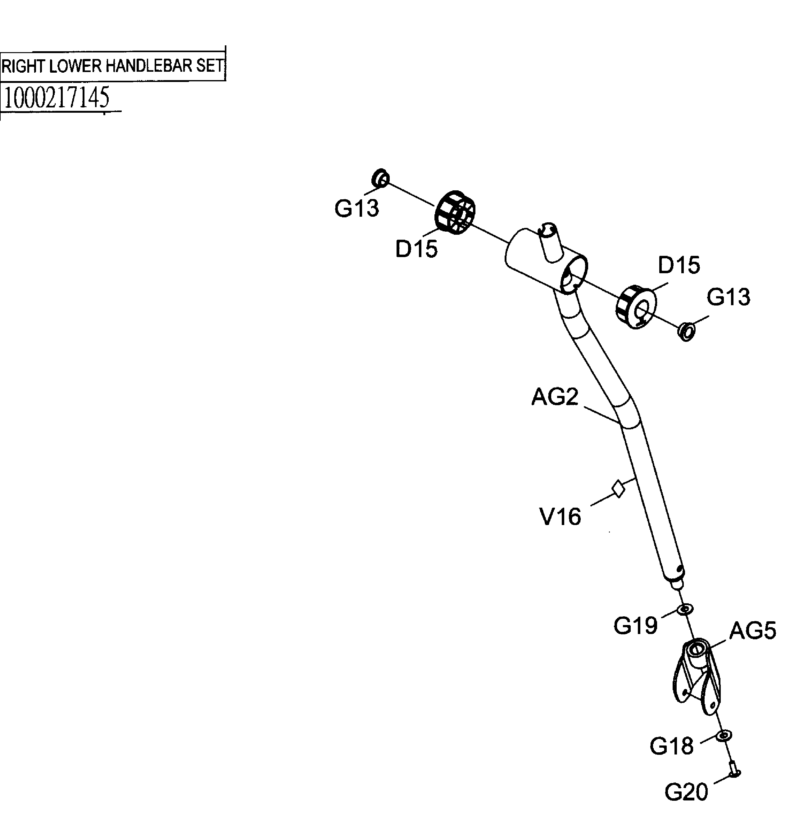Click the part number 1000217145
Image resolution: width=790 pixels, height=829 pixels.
[x=57, y=97]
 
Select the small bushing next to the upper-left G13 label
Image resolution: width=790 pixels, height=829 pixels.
[x=380, y=179]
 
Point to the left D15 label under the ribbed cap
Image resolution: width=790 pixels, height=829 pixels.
[x=416, y=249]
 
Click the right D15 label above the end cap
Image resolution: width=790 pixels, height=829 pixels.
[x=679, y=265]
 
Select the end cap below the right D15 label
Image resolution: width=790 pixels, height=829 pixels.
[x=636, y=307]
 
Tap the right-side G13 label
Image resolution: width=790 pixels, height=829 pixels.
[x=729, y=297]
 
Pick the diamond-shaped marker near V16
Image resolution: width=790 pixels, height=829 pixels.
[x=618, y=488]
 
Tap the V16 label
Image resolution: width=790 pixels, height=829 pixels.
[x=560, y=517]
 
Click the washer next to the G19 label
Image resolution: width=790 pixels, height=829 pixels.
[x=685, y=609]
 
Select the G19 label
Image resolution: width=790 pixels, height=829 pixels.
[x=635, y=626]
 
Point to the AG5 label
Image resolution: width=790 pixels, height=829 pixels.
[x=752, y=631]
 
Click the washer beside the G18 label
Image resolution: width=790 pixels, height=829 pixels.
[x=724, y=736]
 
